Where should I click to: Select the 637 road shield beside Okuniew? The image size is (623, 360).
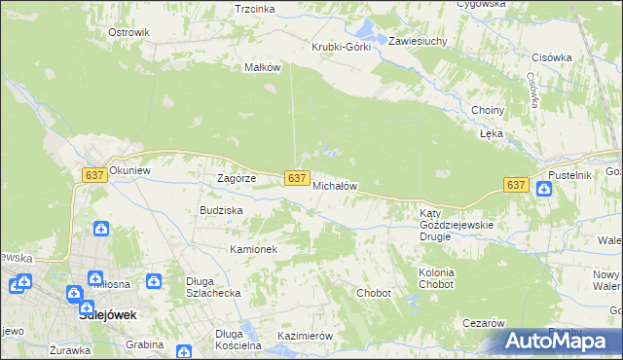[x=94, y=175]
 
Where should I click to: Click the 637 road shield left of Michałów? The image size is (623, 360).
[x=298, y=178]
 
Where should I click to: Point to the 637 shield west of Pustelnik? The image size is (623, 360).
[x=516, y=185]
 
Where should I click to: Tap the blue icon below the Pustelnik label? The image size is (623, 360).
[x=543, y=189]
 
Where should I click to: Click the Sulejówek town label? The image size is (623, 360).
[x=106, y=316]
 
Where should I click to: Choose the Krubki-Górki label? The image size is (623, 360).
[x=341, y=47]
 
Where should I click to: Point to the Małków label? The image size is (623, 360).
[x=263, y=68]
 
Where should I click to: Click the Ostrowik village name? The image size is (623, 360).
[x=128, y=32]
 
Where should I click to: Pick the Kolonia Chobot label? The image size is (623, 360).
[x=436, y=279]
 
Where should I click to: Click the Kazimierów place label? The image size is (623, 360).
[x=306, y=335]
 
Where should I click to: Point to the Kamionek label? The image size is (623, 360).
[x=254, y=249]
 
